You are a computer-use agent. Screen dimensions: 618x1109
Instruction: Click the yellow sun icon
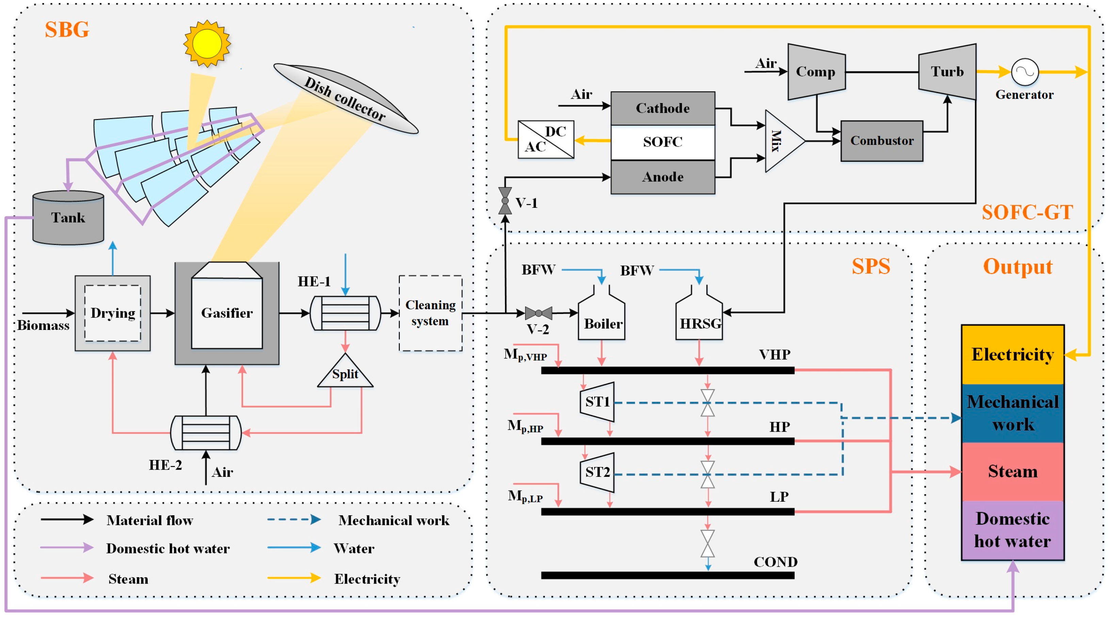(x=207, y=44)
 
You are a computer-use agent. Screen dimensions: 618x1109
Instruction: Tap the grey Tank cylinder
(x=68, y=218)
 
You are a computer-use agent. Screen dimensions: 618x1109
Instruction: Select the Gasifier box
(x=227, y=313)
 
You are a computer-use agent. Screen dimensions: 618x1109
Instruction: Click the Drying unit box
(x=113, y=313)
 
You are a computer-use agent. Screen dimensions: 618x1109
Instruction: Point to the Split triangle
(x=345, y=373)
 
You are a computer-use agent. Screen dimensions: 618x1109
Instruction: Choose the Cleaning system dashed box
(x=430, y=313)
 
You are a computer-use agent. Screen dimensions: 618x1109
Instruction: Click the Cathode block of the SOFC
(x=663, y=108)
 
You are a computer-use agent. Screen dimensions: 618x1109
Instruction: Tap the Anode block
(x=663, y=177)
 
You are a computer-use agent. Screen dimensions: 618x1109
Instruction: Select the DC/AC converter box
(x=545, y=139)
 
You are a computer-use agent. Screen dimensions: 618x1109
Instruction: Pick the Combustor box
(x=882, y=141)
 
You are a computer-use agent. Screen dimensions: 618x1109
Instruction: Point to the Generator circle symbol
(x=1025, y=72)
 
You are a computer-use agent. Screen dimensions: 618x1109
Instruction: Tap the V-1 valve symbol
(x=505, y=201)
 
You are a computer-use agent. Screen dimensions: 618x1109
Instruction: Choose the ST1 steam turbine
(x=597, y=402)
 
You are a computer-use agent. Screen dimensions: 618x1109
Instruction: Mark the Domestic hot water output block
(x=1013, y=530)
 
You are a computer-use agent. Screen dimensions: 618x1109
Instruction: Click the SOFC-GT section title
(x=1027, y=212)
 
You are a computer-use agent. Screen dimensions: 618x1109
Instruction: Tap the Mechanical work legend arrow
(x=294, y=519)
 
